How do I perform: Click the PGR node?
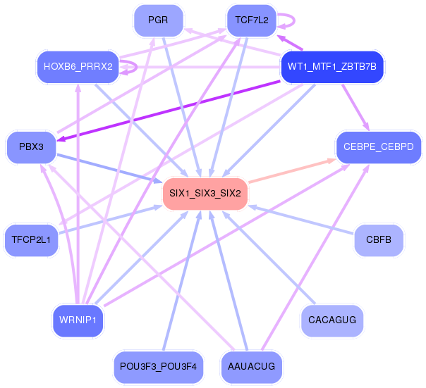click(x=159, y=20)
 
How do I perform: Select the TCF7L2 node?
click(x=252, y=20)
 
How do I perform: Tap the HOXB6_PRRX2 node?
click(x=78, y=67)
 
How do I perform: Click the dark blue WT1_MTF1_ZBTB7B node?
click(x=332, y=67)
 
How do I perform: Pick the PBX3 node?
click(x=31, y=147)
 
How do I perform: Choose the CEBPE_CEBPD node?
click(x=379, y=147)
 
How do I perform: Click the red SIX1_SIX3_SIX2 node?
click(x=205, y=194)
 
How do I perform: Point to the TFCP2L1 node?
click(x=31, y=240)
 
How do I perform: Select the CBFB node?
click(x=379, y=240)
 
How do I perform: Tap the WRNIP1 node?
click(x=78, y=320)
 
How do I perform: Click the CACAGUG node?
click(x=332, y=320)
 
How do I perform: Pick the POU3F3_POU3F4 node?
click(x=159, y=367)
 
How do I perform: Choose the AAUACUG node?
click(x=252, y=367)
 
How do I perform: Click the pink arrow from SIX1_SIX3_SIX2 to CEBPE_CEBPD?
click(x=292, y=170)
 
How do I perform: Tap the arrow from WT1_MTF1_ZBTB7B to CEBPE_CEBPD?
click(x=355, y=107)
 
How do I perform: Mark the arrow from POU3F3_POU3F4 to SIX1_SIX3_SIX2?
click(x=182, y=280)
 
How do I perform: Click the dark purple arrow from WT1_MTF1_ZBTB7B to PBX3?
click(x=168, y=111)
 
